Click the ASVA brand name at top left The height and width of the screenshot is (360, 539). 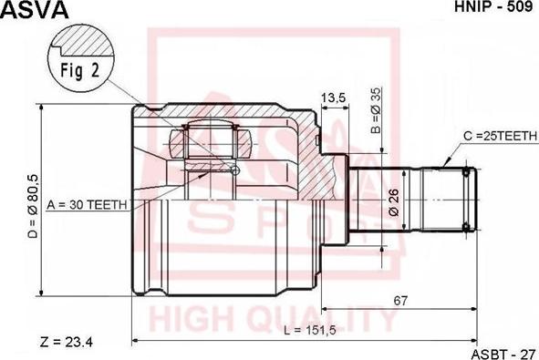[35, 10]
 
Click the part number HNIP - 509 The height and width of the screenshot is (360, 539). [494, 6]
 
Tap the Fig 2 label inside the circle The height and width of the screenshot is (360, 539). [80, 70]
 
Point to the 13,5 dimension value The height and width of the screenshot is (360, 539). [333, 98]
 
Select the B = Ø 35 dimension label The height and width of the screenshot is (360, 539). [377, 110]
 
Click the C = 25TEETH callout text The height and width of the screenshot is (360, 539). [500, 136]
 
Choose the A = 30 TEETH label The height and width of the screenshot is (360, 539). [87, 205]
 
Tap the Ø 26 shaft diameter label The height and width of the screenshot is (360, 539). [394, 202]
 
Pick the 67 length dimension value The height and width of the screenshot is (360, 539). [400, 301]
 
